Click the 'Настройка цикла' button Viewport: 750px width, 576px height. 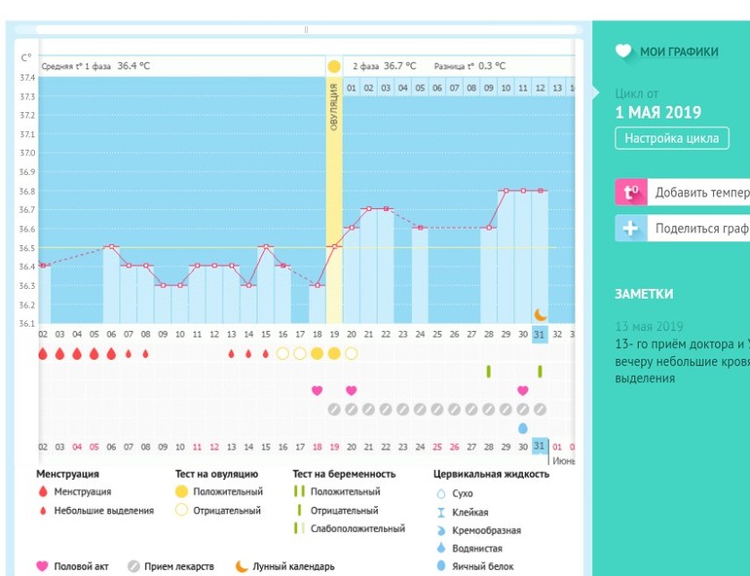tap(672, 138)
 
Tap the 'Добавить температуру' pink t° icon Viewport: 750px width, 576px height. tap(630, 192)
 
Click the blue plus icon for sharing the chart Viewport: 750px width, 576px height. tap(630, 229)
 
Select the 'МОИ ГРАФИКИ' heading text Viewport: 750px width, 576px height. tap(679, 52)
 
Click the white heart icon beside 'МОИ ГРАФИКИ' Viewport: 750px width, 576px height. tap(623, 52)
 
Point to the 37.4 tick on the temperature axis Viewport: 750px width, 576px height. tap(27, 78)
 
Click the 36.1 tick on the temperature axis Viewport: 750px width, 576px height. tap(27, 323)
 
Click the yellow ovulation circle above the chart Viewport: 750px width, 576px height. tap(334, 66)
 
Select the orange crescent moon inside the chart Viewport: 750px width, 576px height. tap(541, 314)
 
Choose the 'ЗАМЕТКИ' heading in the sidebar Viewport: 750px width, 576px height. tap(644, 294)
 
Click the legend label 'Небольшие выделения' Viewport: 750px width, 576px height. tap(102, 510)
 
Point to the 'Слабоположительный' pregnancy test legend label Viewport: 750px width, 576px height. tap(357, 528)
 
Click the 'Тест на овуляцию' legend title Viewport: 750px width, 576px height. tap(217, 474)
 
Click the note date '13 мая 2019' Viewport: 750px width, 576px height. tap(649, 326)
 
